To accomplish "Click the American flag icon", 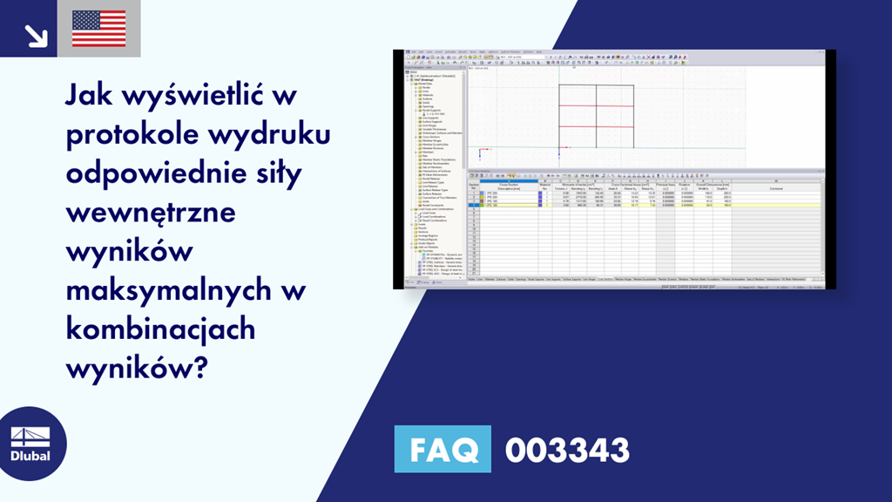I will (x=98, y=28).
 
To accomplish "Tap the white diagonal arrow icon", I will (x=36, y=34).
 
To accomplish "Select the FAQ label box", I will (x=443, y=451).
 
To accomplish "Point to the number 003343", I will (x=567, y=451).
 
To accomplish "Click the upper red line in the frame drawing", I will (x=596, y=105).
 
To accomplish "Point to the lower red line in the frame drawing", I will (x=596, y=126).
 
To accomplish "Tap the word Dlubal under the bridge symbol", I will (x=30, y=456).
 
